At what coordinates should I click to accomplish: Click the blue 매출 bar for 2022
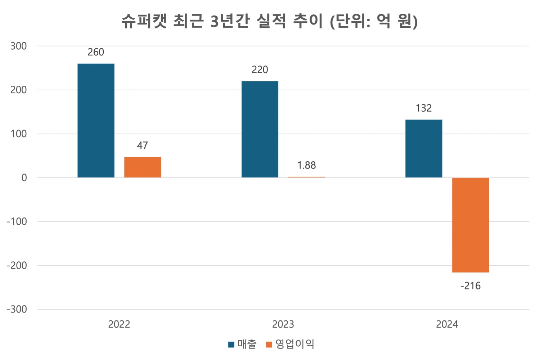pos(96,121)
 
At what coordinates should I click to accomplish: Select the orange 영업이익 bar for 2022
pos(143,167)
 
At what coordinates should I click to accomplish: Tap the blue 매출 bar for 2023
pos(260,129)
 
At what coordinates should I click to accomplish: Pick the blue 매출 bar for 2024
pos(424,148)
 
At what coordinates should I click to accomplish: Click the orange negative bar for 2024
pos(471,225)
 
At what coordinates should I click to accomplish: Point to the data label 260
pos(96,52)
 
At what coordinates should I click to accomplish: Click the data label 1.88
pos(306,165)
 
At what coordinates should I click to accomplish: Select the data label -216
pos(471,286)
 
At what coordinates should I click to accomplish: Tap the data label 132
pos(424,108)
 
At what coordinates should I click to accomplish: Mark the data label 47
pos(143,145)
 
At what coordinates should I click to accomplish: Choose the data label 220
pos(260,69)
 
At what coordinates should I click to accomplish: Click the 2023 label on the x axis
pos(283,324)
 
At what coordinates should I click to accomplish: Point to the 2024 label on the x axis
pos(447,324)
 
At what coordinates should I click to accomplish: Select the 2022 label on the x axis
pos(119,324)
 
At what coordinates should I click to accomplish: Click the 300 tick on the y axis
pos(19,46)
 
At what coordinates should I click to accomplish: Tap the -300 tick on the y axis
pos(17,309)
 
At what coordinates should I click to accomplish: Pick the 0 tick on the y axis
pos(24,178)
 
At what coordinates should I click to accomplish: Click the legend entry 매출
pos(247,344)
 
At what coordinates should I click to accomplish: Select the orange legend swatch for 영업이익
pos(269,345)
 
